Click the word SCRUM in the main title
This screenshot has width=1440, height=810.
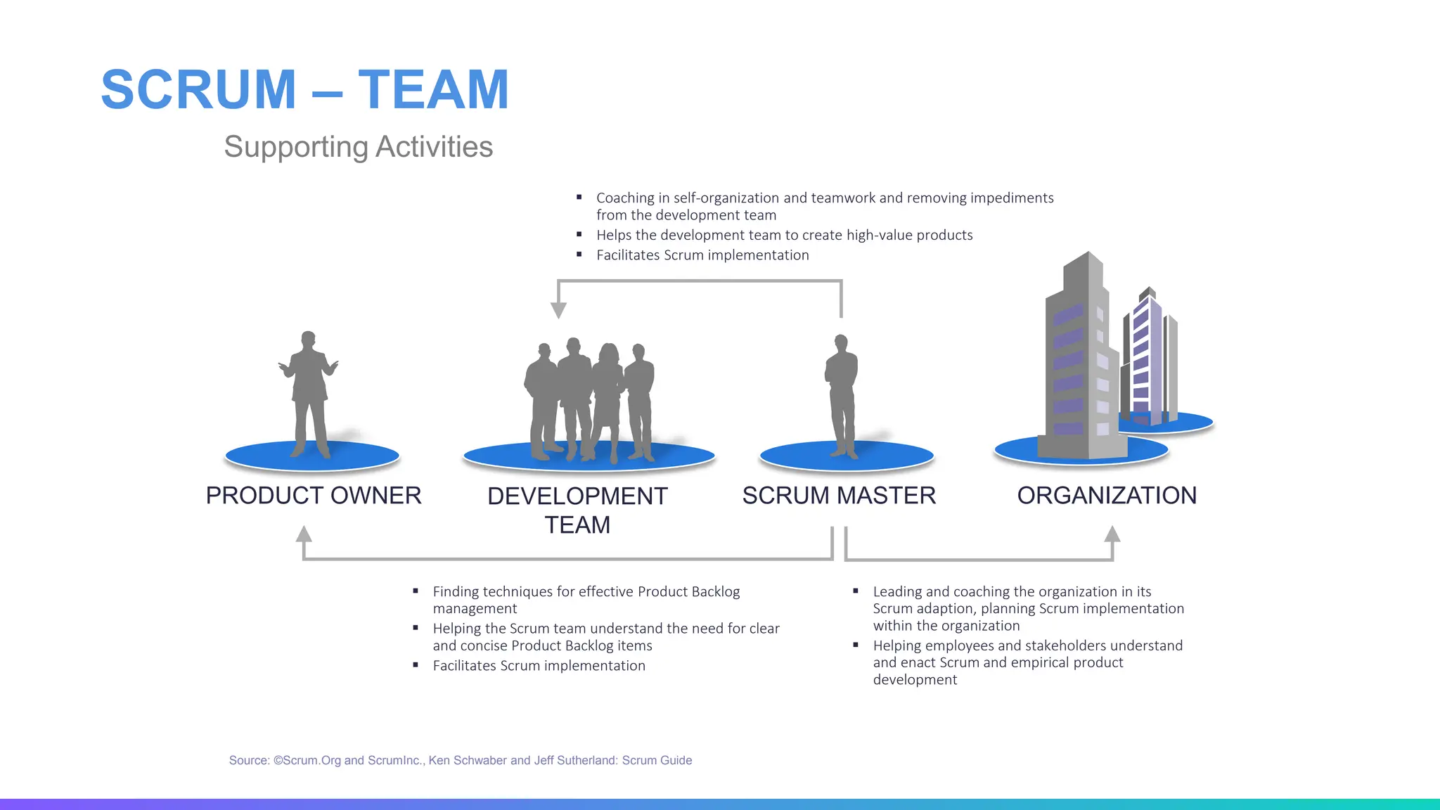198,90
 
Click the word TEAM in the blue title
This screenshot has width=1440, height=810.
433,90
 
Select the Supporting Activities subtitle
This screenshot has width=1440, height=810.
358,147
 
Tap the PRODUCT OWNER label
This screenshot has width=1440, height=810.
314,496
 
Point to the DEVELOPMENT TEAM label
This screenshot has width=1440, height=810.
577,510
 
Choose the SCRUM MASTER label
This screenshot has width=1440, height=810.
839,496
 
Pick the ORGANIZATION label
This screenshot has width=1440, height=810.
1107,496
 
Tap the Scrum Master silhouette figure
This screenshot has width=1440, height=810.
842,394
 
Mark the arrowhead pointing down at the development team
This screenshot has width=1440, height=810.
558,310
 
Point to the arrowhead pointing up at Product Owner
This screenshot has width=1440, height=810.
304,534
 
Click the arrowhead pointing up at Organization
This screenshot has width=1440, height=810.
1112,534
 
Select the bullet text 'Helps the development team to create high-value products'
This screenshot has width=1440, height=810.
784,236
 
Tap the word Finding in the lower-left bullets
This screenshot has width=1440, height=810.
456,592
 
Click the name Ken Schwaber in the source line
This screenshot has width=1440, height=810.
468,760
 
